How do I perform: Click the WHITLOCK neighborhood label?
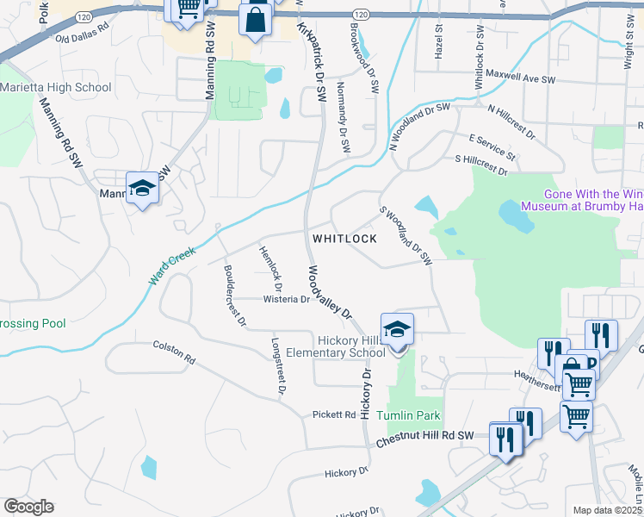[x=344, y=239]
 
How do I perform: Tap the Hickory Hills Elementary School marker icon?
[x=397, y=330]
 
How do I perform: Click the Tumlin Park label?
[x=413, y=415]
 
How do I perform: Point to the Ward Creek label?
[x=172, y=267]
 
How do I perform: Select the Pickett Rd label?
[x=334, y=414]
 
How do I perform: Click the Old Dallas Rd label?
[x=83, y=38]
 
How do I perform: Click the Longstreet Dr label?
[x=278, y=365]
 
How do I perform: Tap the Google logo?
[x=29, y=507]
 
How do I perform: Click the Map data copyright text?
[x=606, y=510]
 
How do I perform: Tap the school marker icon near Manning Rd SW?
[x=142, y=188]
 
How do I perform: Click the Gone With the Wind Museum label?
[x=593, y=201]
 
